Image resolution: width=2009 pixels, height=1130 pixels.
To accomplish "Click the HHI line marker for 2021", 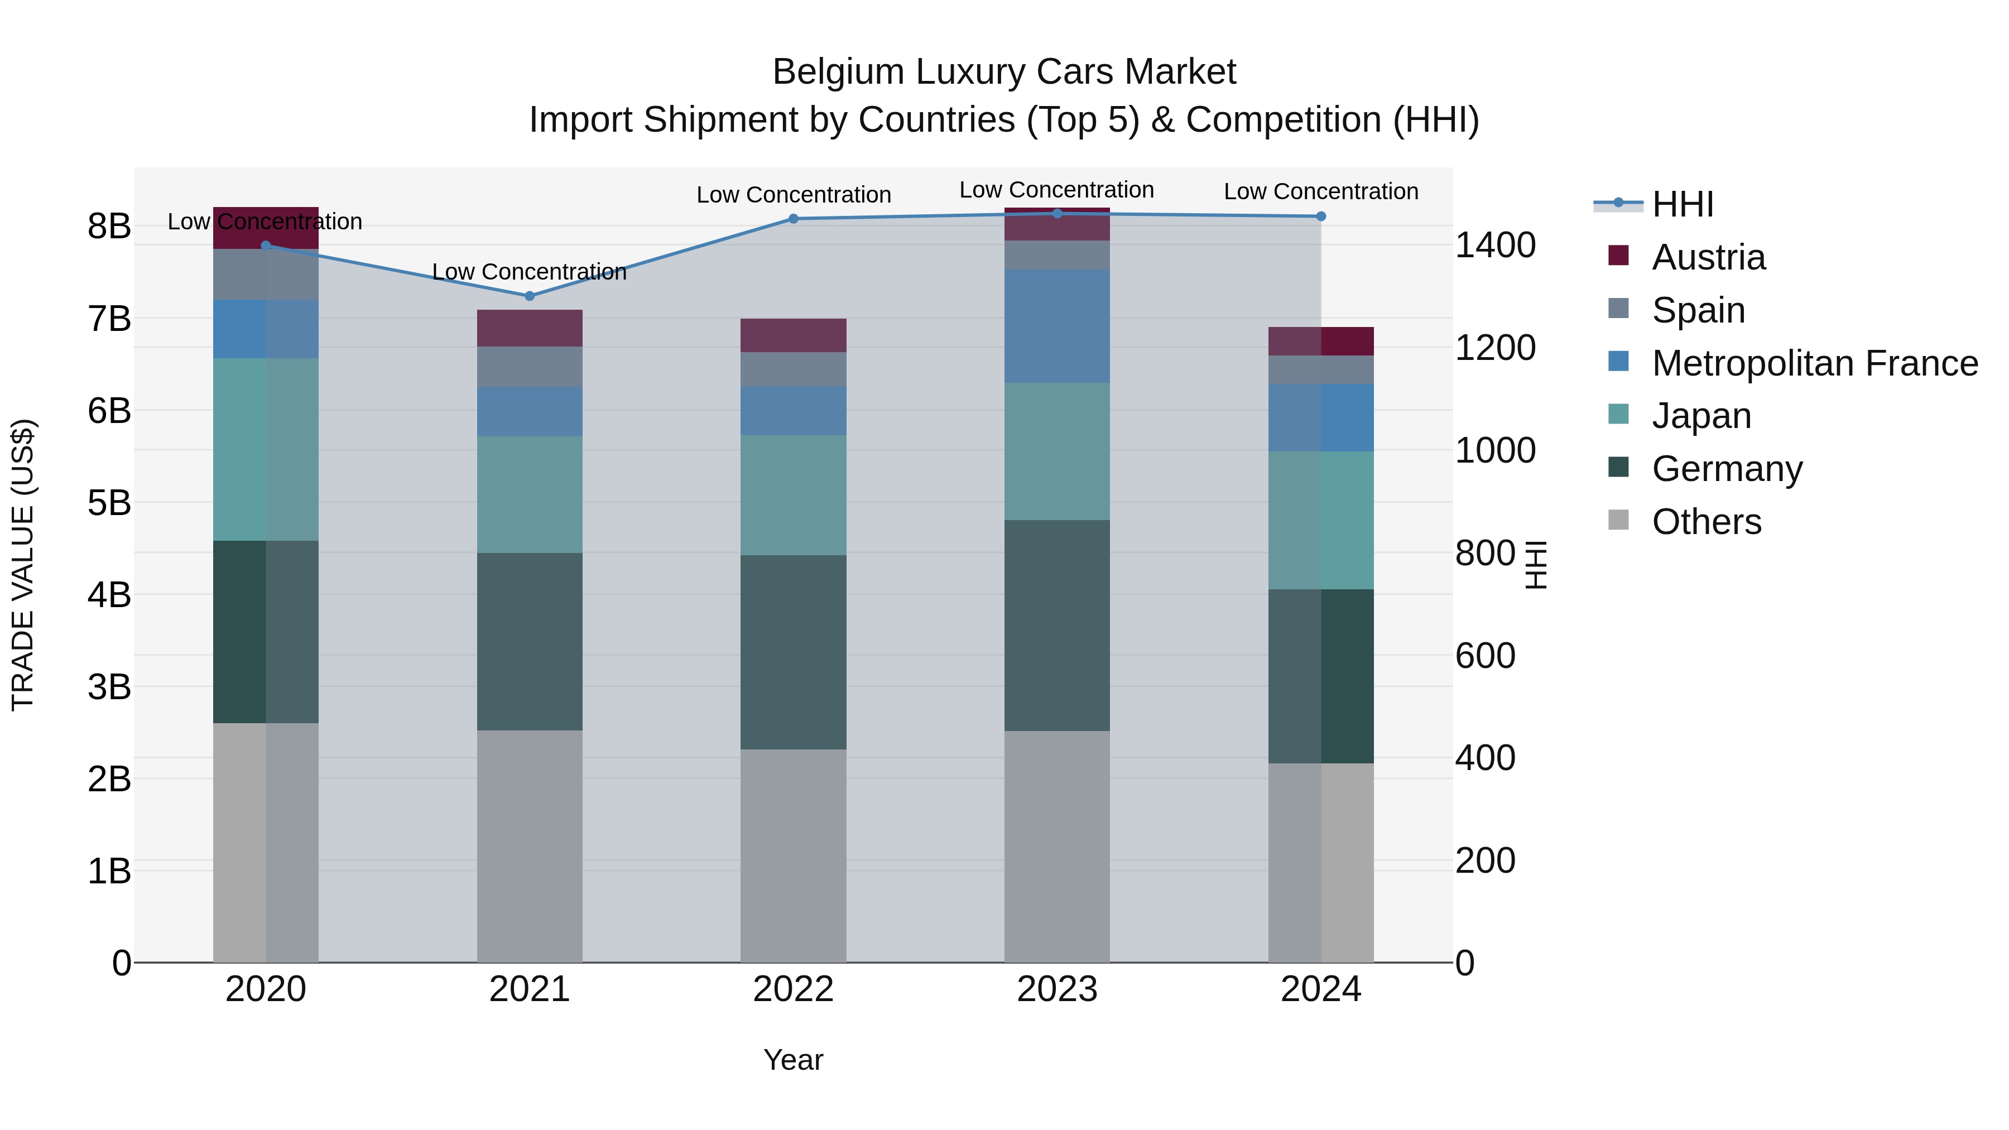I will (530, 296).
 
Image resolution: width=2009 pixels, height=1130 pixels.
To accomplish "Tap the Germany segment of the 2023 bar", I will (1057, 626).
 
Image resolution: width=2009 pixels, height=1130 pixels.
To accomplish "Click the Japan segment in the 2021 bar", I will (530, 494).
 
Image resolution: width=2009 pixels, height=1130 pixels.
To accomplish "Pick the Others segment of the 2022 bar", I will (793, 855).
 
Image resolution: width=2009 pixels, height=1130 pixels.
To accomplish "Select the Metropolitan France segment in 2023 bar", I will (1057, 326).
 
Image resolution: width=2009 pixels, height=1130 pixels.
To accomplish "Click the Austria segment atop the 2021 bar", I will (530, 328).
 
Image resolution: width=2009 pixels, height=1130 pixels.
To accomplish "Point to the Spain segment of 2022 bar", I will (793, 369).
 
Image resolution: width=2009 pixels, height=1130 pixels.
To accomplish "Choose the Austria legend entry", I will (1708, 257).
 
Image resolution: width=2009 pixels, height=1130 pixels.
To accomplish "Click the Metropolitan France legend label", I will (1815, 363).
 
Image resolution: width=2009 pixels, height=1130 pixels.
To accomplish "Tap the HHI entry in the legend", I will (1682, 204).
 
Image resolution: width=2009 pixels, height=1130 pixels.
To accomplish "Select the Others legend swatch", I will (1618, 520).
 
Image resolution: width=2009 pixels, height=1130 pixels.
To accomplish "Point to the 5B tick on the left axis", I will (109, 503).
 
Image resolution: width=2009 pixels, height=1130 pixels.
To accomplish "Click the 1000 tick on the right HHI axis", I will (1495, 451).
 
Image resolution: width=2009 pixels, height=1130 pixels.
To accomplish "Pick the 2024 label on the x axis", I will (1320, 989).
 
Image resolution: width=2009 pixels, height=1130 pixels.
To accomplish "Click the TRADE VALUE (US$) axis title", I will (23, 565).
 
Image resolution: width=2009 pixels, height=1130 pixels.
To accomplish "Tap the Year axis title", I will (793, 1060).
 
